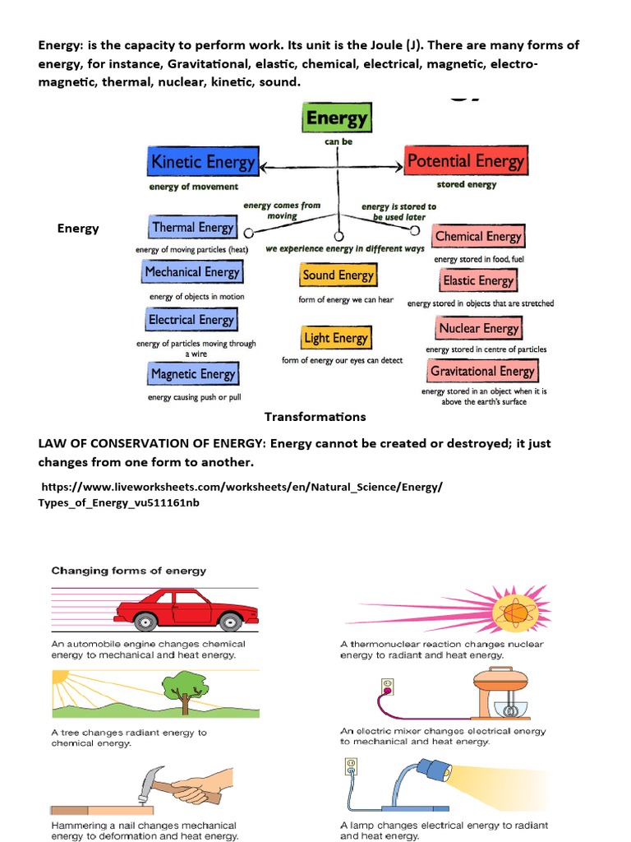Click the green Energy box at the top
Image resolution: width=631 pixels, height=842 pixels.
[337, 118]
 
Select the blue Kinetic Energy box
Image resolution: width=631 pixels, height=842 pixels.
[203, 162]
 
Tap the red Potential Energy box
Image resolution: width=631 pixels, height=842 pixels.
[465, 161]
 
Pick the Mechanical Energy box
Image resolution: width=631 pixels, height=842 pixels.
[191, 272]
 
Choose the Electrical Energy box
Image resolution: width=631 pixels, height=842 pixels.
[191, 320]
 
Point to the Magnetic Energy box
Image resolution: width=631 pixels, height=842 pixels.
[192, 374]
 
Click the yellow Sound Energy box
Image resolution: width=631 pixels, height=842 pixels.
[338, 275]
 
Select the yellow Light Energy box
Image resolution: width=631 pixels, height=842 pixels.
[336, 338]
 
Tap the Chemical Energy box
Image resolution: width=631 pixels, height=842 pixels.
[478, 237]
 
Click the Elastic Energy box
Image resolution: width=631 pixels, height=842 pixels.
[477, 280]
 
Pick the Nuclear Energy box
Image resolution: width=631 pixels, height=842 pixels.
[478, 329]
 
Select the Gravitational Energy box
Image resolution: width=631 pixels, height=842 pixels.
[482, 371]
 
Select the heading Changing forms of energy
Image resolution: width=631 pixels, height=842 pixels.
[129, 570]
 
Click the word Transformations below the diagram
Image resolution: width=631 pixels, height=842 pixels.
[315, 417]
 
